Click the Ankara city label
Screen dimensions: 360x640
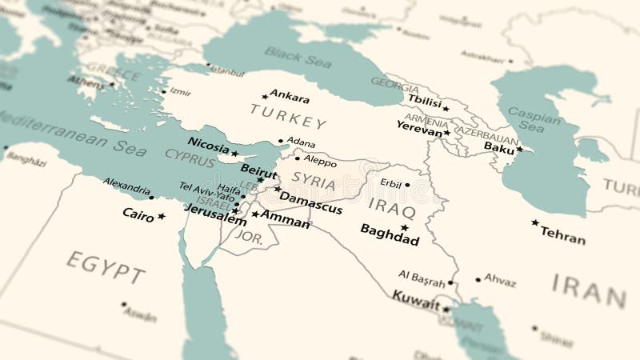pyautogui.click(x=290, y=98)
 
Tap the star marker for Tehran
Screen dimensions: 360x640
pyautogui.click(x=535, y=222)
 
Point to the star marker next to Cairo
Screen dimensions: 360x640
pyautogui.click(x=162, y=216)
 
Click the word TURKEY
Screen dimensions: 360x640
pyautogui.click(x=288, y=117)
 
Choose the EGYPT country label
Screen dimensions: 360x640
pyautogui.click(x=106, y=266)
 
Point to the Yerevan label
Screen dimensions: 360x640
pyautogui.click(x=419, y=126)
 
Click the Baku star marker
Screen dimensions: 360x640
pyautogui.click(x=519, y=149)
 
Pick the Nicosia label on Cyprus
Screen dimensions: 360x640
pyautogui.click(x=208, y=145)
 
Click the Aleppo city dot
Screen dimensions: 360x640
pyautogui.click(x=298, y=158)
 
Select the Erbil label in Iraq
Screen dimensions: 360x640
pyautogui.click(x=390, y=183)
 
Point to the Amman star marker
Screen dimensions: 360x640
pyautogui.click(x=255, y=214)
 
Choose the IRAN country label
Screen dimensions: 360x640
pyautogui.click(x=588, y=289)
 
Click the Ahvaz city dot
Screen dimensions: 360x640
pyautogui.click(x=478, y=280)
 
